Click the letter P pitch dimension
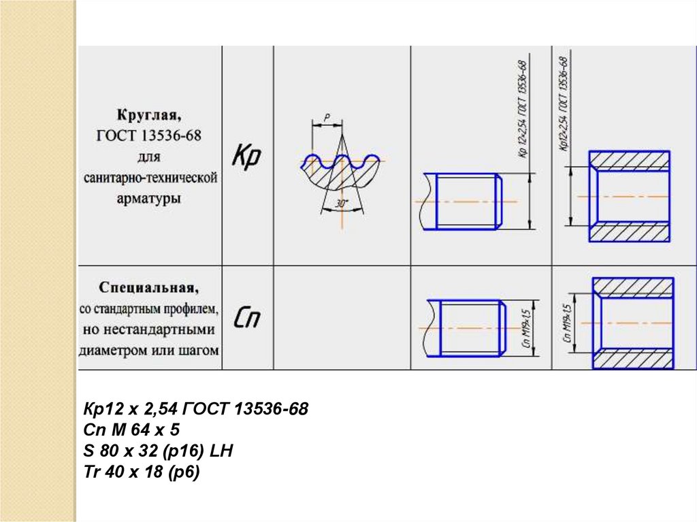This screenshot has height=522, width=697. (x=327, y=118)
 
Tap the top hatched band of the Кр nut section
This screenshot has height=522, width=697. (x=630, y=160)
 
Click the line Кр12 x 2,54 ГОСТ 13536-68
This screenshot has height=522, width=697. (x=195, y=410)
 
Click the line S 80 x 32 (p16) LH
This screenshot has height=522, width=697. (x=159, y=451)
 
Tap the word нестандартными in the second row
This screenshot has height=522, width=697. (x=149, y=330)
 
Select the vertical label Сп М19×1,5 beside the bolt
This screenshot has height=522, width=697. (x=525, y=328)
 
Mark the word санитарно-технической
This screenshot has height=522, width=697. (x=150, y=178)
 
